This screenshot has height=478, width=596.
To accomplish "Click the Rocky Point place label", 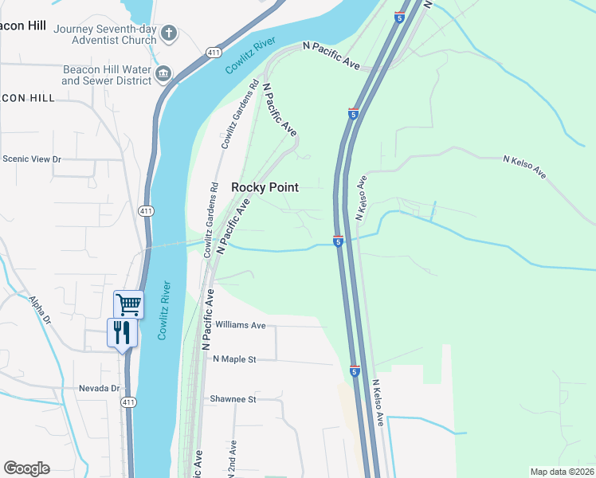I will [265, 187].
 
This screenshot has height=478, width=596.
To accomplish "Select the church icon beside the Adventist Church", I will [168, 33].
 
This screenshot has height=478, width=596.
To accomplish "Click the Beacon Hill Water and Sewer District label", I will [107, 75].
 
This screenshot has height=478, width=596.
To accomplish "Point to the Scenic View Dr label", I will [32, 159].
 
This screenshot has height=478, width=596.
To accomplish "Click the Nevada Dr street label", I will [98, 389].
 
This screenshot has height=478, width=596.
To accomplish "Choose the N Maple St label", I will [234, 359].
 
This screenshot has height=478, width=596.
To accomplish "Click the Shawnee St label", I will [233, 399].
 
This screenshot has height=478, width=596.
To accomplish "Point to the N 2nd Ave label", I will [233, 458].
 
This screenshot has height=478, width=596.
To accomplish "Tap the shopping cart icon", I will [128, 304].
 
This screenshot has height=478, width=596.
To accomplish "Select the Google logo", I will [26, 468].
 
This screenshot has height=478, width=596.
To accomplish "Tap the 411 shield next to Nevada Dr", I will [128, 403].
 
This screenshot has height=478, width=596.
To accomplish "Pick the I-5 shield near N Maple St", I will [355, 371].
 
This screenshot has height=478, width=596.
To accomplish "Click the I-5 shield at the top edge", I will [398, 16].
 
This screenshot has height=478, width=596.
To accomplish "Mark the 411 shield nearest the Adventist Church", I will [212, 53].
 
